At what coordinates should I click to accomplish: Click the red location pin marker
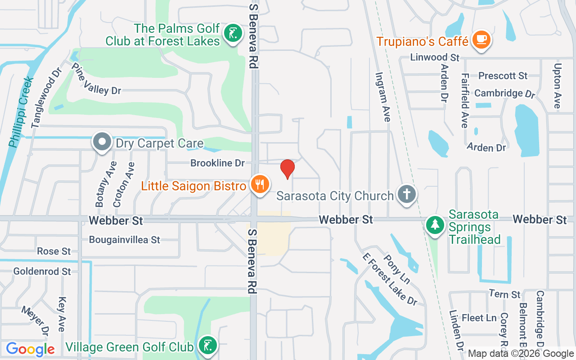tap(288, 169)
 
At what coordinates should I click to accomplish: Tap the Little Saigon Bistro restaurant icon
tap(260, 184)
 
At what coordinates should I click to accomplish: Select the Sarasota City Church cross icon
tap(407, 194)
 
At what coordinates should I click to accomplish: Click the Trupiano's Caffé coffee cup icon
tap(481, 40)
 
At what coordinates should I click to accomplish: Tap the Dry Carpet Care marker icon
tap(102, 142)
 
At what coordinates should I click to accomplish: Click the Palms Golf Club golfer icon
tap(233, 34)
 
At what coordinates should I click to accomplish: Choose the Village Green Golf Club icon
tap(207, 346)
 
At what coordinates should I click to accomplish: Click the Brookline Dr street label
tap(217, 163)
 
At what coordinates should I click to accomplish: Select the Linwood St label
tap(435, 58)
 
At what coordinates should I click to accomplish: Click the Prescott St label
tap(503, 76)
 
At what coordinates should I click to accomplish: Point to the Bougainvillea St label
tap(125, 240)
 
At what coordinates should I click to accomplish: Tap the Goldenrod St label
tap(42, 271)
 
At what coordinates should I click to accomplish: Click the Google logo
tap(30, 349)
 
